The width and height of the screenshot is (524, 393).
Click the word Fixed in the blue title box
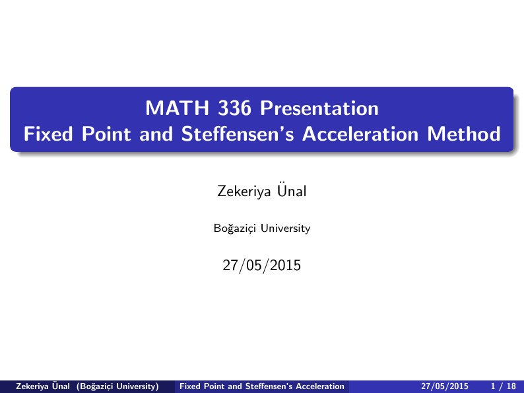coord(50,134)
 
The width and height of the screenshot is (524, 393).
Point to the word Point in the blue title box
coord(108,134)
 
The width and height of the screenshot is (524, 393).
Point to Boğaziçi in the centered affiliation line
coord(235,229)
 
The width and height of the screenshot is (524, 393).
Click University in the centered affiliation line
coord(285,229)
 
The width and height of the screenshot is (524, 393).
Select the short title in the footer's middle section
coord(262,386)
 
